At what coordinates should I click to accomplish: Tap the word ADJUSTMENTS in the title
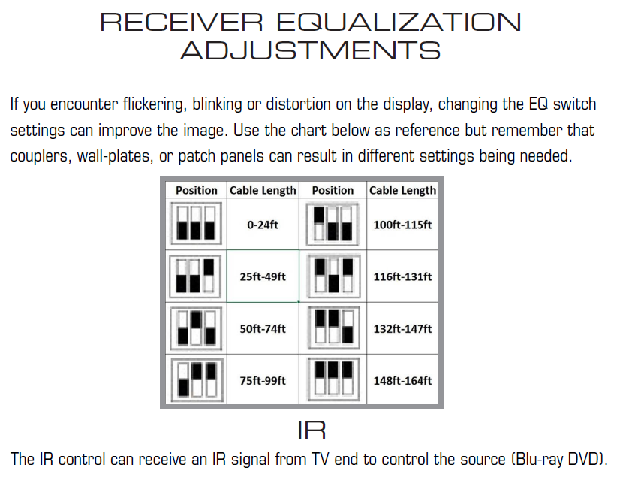coord(310,51)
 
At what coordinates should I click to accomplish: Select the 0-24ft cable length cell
coord(263,225)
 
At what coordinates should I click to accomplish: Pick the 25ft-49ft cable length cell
coord(263,276)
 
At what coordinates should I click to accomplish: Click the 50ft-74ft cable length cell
coord(263,328)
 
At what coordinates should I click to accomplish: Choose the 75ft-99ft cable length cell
coord(263,380)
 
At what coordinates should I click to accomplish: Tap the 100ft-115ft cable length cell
coord(402,225)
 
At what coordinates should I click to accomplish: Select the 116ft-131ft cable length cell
coord(402,276)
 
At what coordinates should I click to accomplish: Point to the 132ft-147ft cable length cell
coord(402,328)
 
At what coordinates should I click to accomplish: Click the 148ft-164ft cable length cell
coord(402,380)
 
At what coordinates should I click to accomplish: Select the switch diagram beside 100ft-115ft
coord(333,224)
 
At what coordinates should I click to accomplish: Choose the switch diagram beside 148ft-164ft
coord(333,380)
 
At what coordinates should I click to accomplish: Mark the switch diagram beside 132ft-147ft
coord(333,328)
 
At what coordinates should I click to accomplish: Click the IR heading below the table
coord(312,430)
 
